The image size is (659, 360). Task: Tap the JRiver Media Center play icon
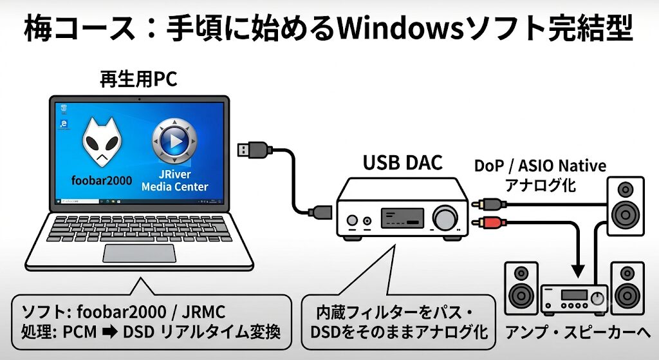174,141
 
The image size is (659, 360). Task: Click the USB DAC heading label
403,163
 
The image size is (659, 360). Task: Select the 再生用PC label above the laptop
138,79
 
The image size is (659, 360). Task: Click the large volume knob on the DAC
445,218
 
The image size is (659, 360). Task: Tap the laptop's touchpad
140,253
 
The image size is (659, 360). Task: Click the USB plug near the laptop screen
252,149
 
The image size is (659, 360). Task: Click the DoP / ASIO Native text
540,166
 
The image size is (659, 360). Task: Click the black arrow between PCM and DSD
110,332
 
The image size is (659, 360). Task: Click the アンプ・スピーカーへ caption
578,332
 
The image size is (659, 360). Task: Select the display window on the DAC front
402,218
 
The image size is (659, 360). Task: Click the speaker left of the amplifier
521,288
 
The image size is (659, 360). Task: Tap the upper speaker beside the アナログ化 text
626,206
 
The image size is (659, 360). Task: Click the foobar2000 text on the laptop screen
102,180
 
